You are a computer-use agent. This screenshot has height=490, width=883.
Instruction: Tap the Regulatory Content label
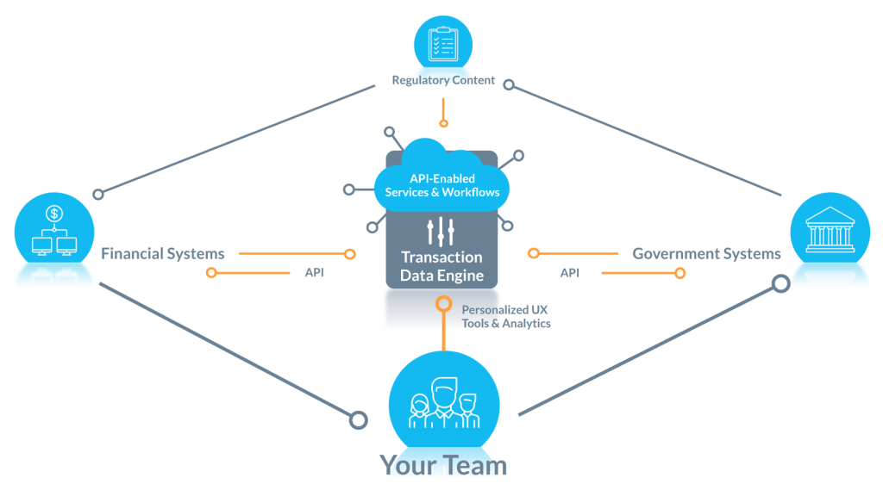tap(443, 80)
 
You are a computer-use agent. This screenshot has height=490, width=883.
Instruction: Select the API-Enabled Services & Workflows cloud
tap(441, 185)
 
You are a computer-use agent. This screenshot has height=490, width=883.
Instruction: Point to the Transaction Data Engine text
tap(441, 267)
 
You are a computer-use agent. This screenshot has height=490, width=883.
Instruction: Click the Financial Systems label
tap(163, 253)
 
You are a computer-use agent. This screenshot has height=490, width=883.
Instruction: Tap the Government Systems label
tap(706, 253)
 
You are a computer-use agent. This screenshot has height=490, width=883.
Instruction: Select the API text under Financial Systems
tap(315, 273)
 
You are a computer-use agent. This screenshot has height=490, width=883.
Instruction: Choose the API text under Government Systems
tap(570, 273)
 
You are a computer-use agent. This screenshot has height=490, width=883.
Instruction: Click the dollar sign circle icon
tap(54, 213)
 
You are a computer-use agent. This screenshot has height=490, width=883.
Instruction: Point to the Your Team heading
tap(443, 466)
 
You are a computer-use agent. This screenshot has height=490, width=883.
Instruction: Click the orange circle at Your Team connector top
tap(443, 303)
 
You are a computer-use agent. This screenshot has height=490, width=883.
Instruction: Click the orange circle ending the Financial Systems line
tap(349, 254)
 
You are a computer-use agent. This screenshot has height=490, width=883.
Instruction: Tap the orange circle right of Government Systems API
tap(679, 273)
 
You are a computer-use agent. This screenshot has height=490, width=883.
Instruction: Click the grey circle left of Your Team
tap(356, 419)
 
